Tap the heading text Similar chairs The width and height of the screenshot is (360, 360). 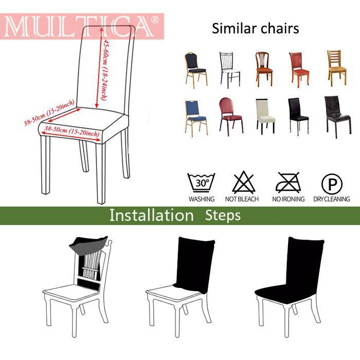(255, 28)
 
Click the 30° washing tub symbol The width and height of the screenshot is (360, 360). (201, 183)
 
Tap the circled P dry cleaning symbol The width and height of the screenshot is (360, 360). (331, 183)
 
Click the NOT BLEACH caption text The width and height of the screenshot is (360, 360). (242, 199)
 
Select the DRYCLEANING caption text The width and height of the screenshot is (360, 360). (331, 199)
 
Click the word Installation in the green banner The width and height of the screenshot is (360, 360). (151, 215)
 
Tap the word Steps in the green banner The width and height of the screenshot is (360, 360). (223, 215)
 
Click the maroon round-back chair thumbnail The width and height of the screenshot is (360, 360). (230, 116)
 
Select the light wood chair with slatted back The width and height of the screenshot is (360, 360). (337, 67)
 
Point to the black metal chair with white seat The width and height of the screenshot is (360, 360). (229, 69)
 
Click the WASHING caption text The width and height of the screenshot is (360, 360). (201, 199)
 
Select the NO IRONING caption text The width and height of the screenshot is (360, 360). (288, 199)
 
